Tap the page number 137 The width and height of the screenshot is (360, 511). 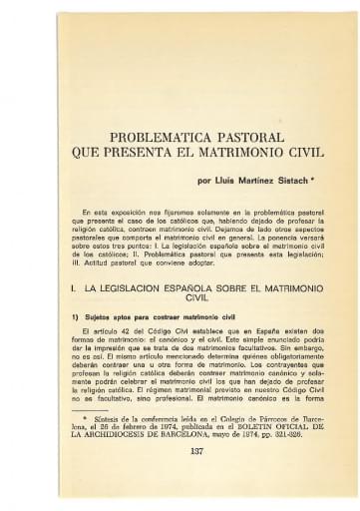[180, 478]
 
